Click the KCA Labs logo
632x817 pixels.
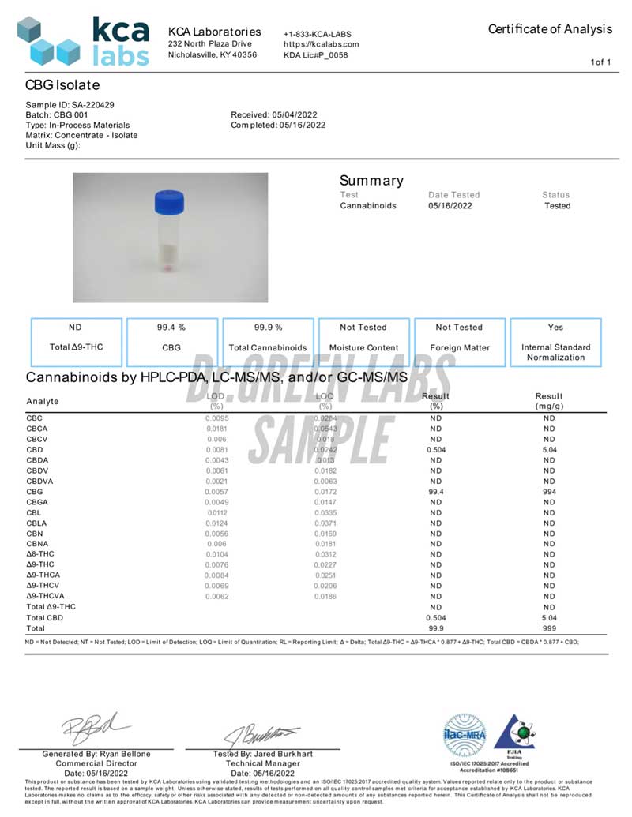click(x=83, y=41)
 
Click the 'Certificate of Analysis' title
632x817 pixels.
click(x=550, y=29)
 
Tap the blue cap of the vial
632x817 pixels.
click(x=169, y=203)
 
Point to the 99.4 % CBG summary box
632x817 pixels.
click(x=171, y=341)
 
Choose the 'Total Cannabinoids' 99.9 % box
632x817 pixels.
click(x=268, y=341)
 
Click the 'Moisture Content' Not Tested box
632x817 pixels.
click(x=363, y=341)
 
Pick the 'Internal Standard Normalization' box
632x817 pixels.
click(x=555, y=341)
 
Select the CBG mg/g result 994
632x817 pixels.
click(x=549, y=491)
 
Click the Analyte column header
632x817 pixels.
click(x=43, y=401)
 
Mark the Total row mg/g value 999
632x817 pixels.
click(x=549, y=628)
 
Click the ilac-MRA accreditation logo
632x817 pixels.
click(x=466, y=736)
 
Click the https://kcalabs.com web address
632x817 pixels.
click(x=321, y=45)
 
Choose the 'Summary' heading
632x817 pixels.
click(x=371, y=181)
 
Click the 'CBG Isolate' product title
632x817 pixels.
click(x=62, y=84)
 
